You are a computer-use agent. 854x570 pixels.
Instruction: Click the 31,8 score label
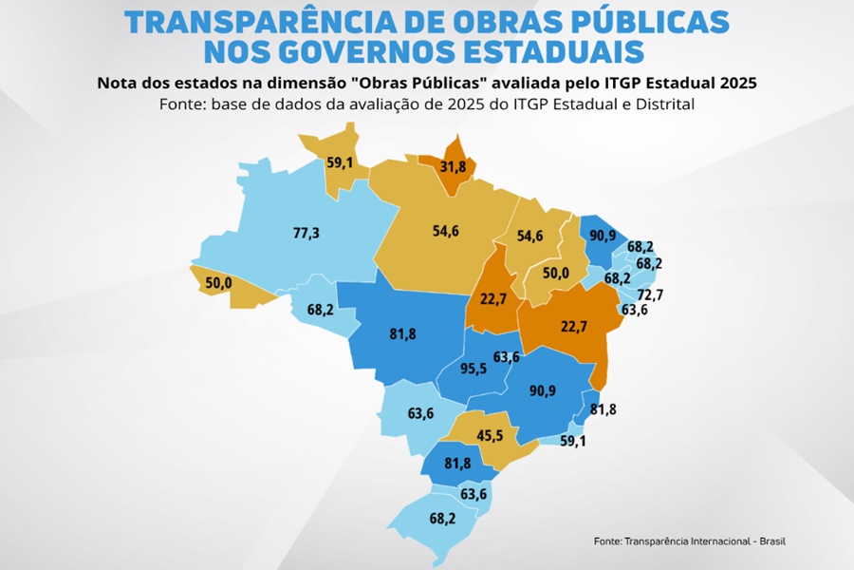point(455,167)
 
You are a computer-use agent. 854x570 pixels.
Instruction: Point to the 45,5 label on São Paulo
point(491,436)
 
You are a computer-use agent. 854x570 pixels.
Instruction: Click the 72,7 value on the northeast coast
point(650,294)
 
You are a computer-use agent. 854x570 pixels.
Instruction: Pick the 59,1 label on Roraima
point(341,162)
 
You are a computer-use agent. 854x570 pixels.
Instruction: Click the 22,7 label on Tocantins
point(492,297)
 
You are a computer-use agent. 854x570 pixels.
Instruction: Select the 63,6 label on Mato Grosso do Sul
point(421,413)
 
